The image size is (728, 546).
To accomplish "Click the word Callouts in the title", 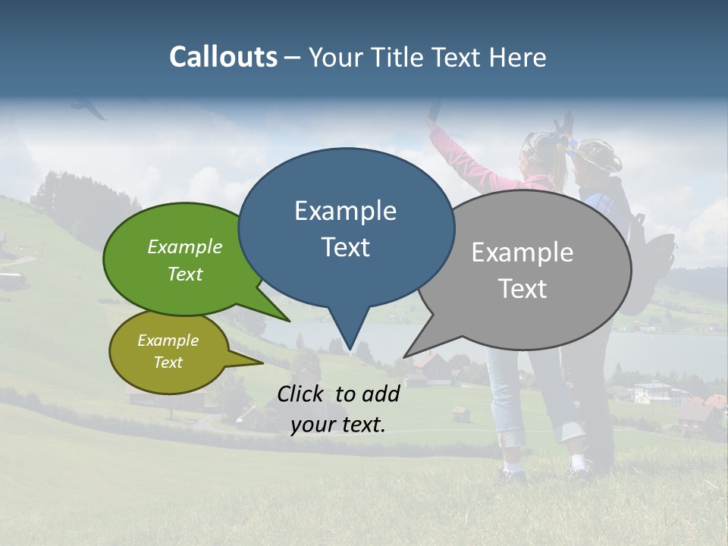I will coord(223,57).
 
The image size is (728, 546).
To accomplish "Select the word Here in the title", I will coord(518,58).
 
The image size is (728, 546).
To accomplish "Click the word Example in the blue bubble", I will coord(345,211).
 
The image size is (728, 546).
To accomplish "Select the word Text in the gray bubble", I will coord(522,289).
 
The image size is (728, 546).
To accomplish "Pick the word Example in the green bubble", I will coord(185,246).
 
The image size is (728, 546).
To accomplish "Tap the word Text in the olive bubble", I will coord(168,362).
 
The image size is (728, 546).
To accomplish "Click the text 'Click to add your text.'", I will coord(338,409).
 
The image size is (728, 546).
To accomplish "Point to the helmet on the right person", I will coord(598,154).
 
